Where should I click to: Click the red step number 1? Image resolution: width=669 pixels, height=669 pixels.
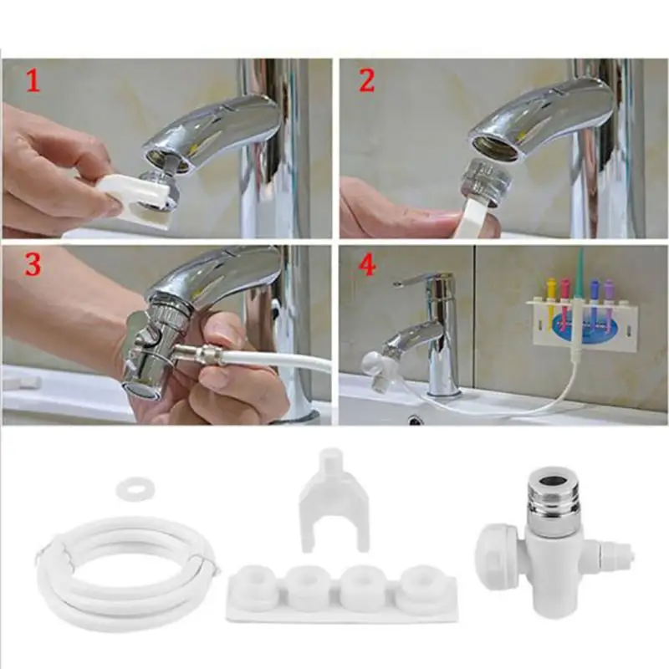click(x=31, y=81)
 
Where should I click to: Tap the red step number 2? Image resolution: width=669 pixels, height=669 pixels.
click(x=366, y=81)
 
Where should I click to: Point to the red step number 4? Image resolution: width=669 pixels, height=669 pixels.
click(x=366, y=265)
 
